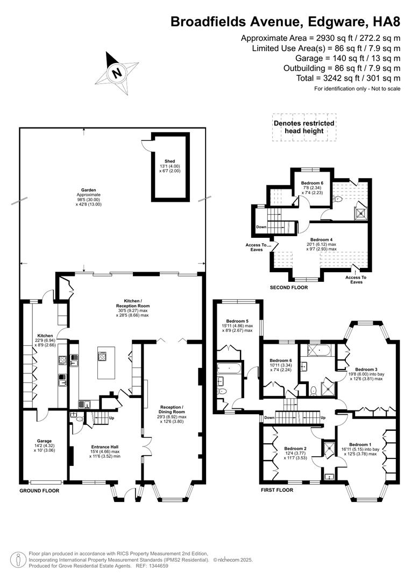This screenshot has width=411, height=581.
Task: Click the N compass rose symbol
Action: point(116,72)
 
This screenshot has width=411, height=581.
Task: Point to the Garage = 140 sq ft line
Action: point(348,58)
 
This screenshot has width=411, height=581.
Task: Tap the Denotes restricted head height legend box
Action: point(304,127)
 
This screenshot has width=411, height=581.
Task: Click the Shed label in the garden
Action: point(170,161)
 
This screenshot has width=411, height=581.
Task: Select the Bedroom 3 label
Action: point(366,369)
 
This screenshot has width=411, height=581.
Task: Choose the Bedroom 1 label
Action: point(360,444)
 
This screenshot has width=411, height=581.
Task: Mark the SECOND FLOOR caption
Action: point(289,288)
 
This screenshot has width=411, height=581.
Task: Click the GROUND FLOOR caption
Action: point(39,491)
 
